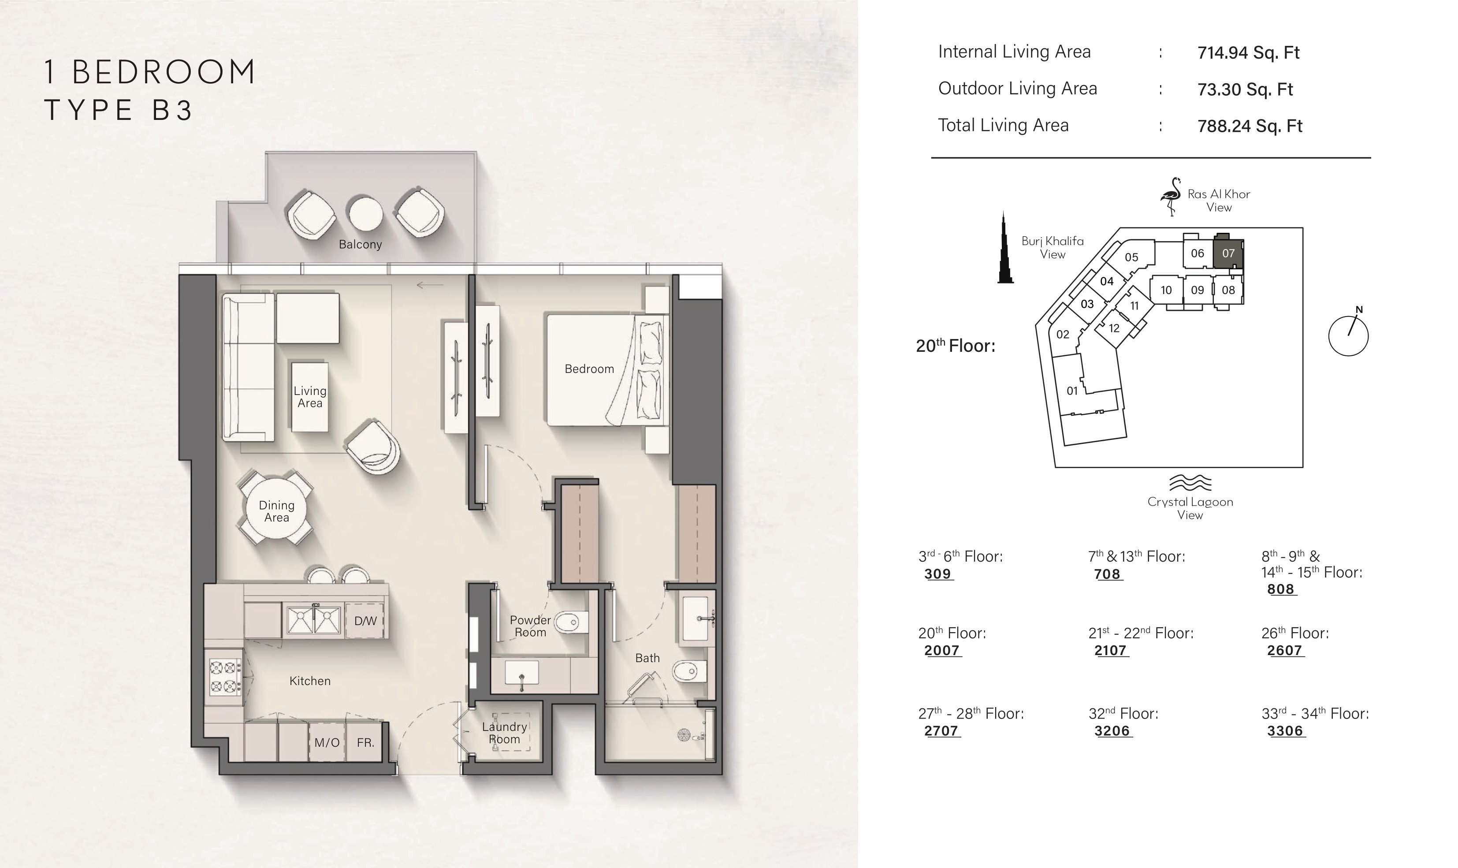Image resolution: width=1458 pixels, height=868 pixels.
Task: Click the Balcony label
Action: [x=360, y=245]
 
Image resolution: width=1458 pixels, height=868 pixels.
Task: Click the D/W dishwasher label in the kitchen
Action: [x=365, y=621]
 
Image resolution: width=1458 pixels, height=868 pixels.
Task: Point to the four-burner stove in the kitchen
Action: [x=225, y=676]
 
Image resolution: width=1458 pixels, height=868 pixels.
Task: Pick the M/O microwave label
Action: [x=327, y=743]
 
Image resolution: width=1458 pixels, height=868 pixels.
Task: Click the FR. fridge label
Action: [x=365, y=743]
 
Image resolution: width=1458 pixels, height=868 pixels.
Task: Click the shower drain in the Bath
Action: [x=684, y=734]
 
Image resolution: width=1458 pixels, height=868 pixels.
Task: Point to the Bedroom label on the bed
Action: [x=589, y=369]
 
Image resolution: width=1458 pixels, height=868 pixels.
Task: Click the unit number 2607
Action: [x=1284, y=650]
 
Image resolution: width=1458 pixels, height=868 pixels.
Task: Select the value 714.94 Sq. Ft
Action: [x=1248, y=52]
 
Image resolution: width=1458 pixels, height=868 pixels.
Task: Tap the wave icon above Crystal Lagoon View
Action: [x=1190, y=483]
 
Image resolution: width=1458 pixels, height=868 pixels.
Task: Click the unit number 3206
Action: [x=1112, y=731]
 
